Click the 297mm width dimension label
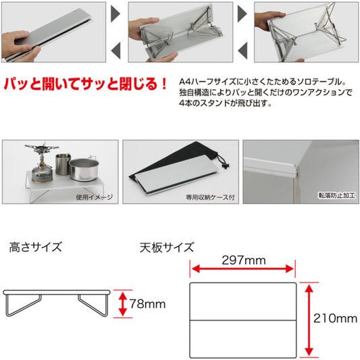pos(244,261)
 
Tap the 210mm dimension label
pos(335,319)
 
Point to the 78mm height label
pos(147,304)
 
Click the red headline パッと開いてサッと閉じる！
pos(85,84)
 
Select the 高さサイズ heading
pos(36,247)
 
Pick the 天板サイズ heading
pos(167,247)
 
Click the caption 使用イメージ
pos(95,197)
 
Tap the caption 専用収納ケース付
pos(210,197)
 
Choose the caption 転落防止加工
pos(336,195)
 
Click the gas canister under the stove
pos(42,174)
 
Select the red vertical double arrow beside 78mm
pos(123,304)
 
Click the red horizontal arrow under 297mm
pos(242,269)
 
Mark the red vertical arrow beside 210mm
pos(309,320)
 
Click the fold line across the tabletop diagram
pos(243,320)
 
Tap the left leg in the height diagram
pos(23,305)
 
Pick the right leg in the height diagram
pos(93,305)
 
